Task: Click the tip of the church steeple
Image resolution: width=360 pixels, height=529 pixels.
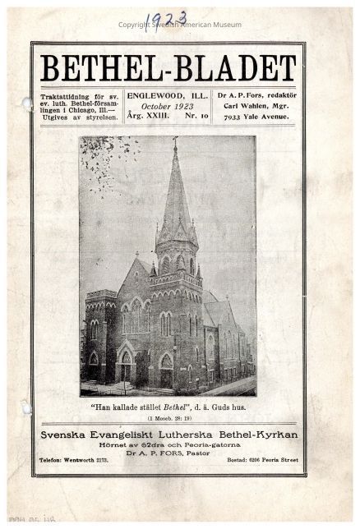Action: click(x=175, y=140)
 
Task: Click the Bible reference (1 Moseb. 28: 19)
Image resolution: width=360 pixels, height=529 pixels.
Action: click(x=168, y=417)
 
